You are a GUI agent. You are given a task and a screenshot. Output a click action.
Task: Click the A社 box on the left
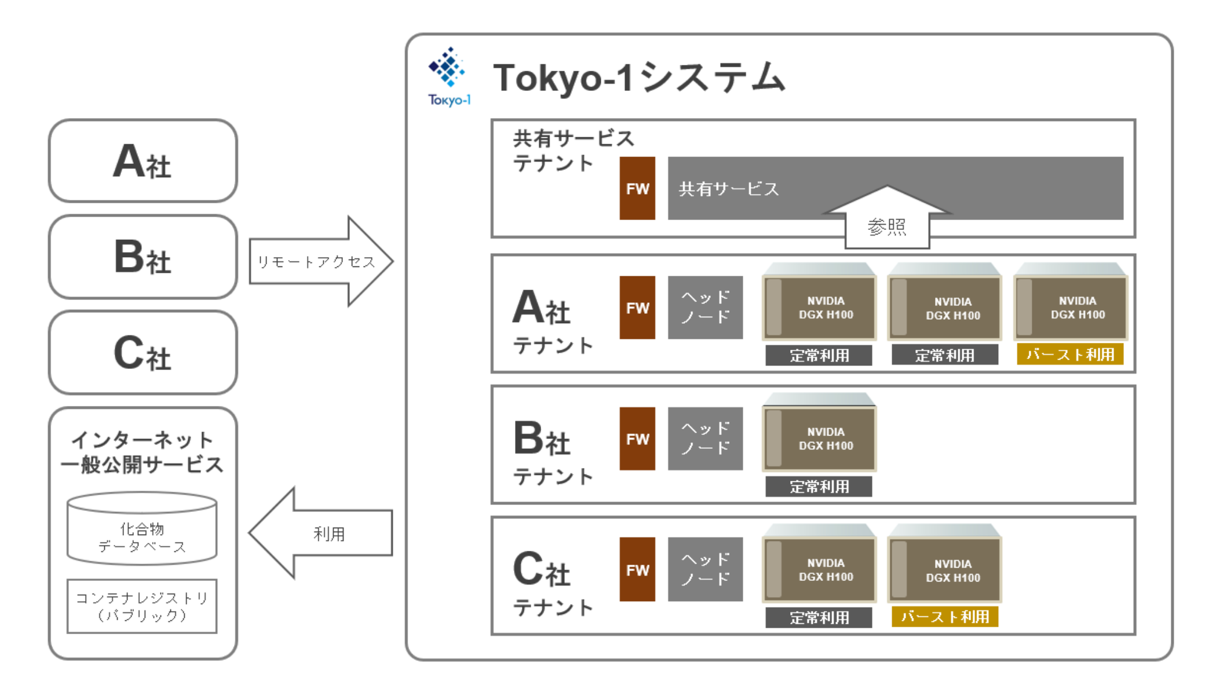[x=143, y=161]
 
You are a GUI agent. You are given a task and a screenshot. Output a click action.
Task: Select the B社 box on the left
[x=143, y=257]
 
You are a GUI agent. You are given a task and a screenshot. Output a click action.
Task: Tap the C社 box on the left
[x=143, y=353]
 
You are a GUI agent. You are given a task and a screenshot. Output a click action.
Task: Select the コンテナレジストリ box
[x=142, y=606]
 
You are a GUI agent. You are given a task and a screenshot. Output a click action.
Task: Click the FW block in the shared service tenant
[x=637, y=188]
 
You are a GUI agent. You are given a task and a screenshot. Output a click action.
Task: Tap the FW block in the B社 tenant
[x=637, y=439]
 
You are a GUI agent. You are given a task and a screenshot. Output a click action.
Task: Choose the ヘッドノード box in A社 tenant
[x=705, y=308]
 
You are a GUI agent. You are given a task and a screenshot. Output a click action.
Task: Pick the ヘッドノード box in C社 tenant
[x=705, y=569]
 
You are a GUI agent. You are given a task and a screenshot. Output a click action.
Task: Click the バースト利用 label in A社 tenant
[x=1070, y=354]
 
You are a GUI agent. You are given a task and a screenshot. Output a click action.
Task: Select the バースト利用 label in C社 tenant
[x=944, y=617]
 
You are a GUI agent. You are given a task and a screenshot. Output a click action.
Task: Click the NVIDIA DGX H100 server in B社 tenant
[x=819, y=438]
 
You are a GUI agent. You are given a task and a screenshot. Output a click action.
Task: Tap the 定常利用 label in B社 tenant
[x=819, y=487]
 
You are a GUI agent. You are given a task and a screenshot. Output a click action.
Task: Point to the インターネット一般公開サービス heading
[x=142, y=452]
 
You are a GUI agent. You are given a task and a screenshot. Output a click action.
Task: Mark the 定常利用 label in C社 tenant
[x=819, y=617]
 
